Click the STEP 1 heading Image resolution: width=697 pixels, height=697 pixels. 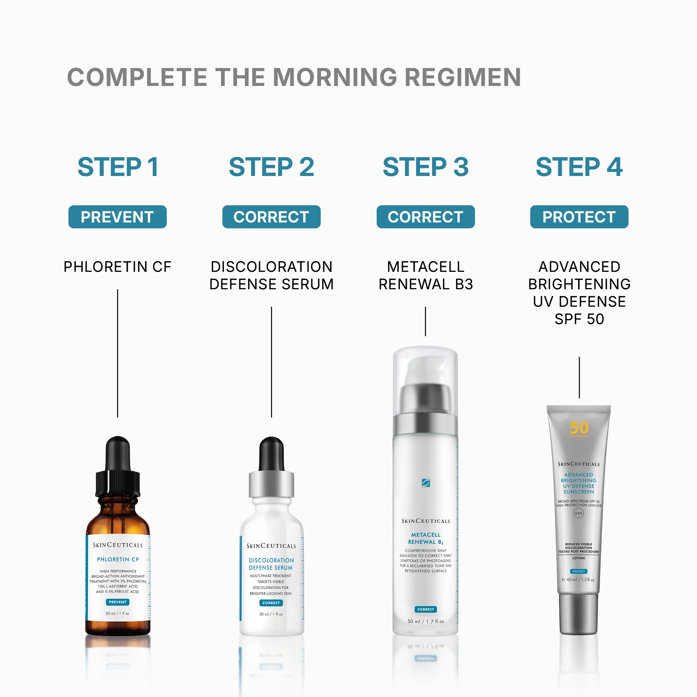[118, 167]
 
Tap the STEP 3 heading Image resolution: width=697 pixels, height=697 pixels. [425, 167]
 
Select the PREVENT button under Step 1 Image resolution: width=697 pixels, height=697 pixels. [117, 217]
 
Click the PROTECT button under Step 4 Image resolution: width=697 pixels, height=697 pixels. [579, 217]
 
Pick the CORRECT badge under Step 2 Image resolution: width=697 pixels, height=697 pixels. [271, 217]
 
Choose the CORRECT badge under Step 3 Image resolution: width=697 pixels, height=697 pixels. [425, 217]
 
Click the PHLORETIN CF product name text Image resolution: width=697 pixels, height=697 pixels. [117, 267]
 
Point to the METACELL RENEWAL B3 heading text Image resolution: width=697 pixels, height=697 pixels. [425, 275]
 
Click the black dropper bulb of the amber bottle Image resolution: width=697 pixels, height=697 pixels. [118, 453]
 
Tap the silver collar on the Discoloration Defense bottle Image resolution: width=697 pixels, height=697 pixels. [271, 484]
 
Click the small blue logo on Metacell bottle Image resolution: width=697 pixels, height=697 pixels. [426, 483]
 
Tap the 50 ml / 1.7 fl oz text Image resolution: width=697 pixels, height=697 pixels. [426, 621]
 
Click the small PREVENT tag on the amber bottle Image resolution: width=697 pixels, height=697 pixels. [118, 602]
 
